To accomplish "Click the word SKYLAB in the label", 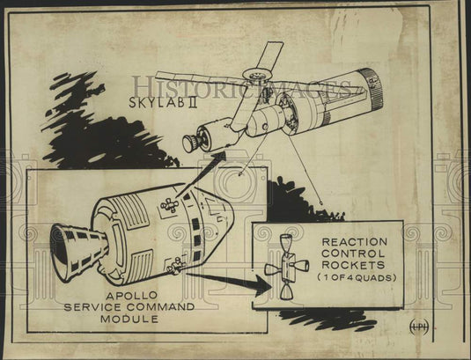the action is pyautogui.click(x=156, y=102).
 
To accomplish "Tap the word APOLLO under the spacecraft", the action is pyautogui.click(x=131, y=296).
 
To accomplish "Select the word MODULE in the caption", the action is pyautogui.click(x=129, y=319).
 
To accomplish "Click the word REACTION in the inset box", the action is pyautogui.click(x=355, y=242).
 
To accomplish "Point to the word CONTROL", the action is pyautogui.click(x=353, y=253).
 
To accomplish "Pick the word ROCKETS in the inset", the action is pyautogui.click(x=353, y=265).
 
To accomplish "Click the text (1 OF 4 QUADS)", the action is pyautogui.click(x=357, y=278).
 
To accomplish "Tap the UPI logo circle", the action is pyautogui.click(x=419, y=327).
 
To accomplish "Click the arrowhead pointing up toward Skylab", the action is pyautogui.click(x=219, y=158).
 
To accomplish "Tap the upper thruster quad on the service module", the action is pyautogui.click(x=170, y=205).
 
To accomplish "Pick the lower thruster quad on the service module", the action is pyautogui.click(x=176, y=266).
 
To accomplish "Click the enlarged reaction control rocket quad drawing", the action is pyautogui.click(x=287, y=267).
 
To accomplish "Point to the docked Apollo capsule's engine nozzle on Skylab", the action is pyautogui.click(x=190, y=143).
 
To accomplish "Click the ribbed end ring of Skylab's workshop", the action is pyautogui.click(x=372, y=89).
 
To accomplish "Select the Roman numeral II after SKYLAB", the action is pyautogui.click(x=193, y=102).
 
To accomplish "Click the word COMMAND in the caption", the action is pyautogui.click(x=160, y=307).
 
